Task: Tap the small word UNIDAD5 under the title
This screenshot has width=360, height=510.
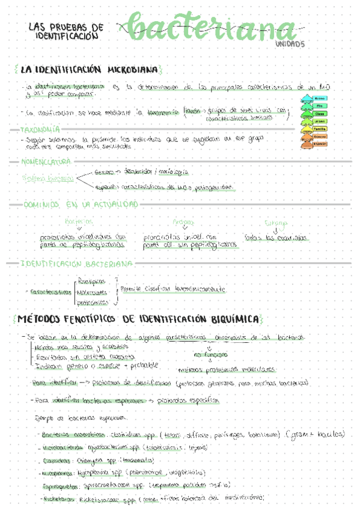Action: point(291,44)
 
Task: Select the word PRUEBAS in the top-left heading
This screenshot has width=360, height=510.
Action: point(74,28)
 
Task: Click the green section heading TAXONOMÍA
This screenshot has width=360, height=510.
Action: point(40,129)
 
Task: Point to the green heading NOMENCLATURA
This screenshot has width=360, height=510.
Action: point(47,162)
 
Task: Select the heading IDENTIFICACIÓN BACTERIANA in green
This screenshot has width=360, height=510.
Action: point(76,263)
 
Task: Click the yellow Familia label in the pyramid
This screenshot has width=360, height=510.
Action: point(320,129)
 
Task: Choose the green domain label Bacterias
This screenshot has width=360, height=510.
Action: point(79,222)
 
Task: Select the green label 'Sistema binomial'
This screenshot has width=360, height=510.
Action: point(48,179)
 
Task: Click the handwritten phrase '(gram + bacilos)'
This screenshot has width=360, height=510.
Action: point(316,434)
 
